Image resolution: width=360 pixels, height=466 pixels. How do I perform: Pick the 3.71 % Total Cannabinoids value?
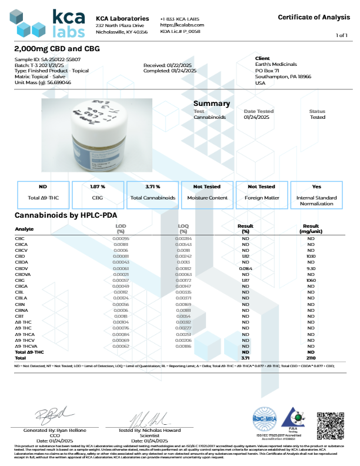[x=152, y=187]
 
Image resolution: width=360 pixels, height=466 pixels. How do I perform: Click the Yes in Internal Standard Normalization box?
[x=317, y=187]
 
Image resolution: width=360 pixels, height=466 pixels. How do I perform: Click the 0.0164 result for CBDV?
[x=246, y=268]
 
